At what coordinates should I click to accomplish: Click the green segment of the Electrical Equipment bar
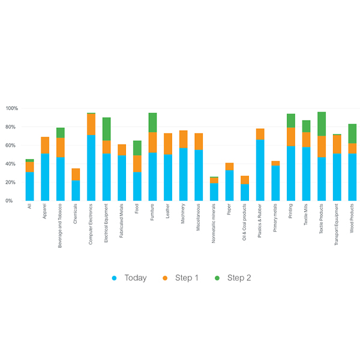coord(106,129)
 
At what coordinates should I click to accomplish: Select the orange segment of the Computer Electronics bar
coord(91,124)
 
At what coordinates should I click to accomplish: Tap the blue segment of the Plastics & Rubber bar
coord(260,170)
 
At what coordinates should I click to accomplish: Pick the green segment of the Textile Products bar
coord(322,124)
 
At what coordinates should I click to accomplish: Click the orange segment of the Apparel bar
coord(45,145)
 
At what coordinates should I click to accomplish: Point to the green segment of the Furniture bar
coord(152,122)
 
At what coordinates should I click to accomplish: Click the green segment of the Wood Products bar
coord(352,134)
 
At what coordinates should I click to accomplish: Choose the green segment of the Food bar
coord(137,148)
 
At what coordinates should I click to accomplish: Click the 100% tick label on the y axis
coord(12,109)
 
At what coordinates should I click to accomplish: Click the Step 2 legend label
coord(239,278)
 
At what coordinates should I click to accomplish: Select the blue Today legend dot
coord(114,278)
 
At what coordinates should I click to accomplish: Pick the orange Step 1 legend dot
coord(165,278)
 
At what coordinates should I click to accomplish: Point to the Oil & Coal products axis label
coord(245,224)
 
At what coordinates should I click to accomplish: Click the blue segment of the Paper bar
coord(230,185)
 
